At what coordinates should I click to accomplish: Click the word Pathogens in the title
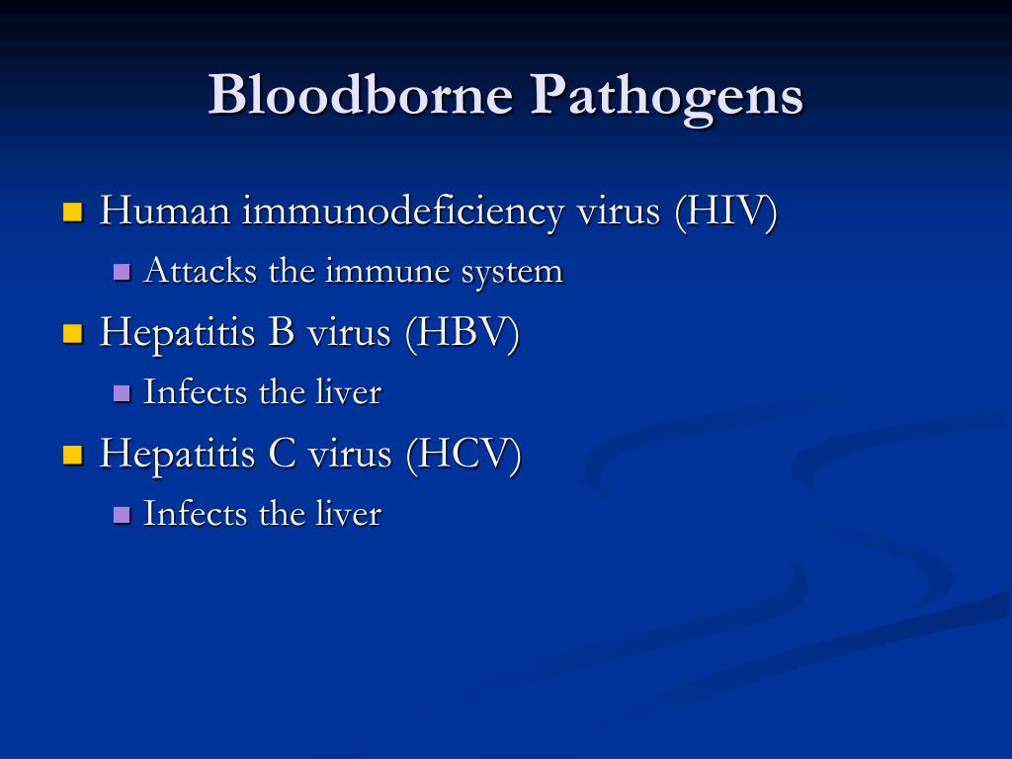[x=667, y=97]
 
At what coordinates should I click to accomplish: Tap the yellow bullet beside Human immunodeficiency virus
[x=73, y=211]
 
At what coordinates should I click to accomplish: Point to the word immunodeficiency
[x=403, y=211]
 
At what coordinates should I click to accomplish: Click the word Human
[x=165, y=211]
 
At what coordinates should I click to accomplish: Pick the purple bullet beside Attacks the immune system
[x=122, y=271]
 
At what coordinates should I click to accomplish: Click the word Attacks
[x=201, y=270]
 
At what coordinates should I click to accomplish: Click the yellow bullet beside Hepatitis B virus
[x=73, y=333]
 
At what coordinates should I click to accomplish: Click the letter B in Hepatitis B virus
[x=281, y=332]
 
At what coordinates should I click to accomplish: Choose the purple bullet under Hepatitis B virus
[x=122, y=392]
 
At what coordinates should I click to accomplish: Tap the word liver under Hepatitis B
[x=349, y=391]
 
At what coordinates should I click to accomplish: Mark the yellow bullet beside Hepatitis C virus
[x=73, y=455]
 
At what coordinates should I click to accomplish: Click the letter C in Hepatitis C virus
[x=282, y=453]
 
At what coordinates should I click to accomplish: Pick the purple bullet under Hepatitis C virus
[x=122, y=514]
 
